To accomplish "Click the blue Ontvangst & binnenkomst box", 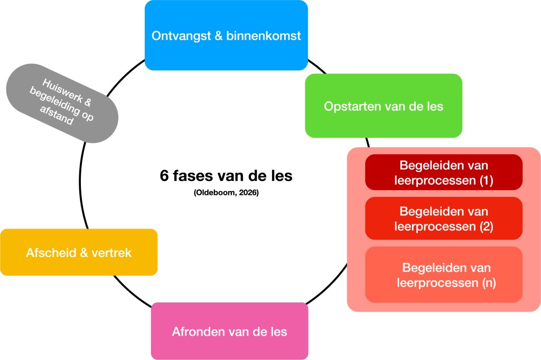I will point(226,35).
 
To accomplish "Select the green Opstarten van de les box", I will point(384,106).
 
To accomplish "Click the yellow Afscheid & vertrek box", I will point(79,252).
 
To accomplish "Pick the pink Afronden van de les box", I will point(229,331).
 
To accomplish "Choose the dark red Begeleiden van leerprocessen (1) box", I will point(444,172).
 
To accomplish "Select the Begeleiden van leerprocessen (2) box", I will point(444,219).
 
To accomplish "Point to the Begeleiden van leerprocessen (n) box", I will point(444,274).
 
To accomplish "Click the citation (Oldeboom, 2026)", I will point(226,193).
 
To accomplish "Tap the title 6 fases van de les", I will point(226,176).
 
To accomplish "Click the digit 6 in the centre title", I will point(164,176).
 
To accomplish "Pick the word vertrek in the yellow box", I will point(113,253).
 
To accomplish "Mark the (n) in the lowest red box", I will point(489,282).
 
